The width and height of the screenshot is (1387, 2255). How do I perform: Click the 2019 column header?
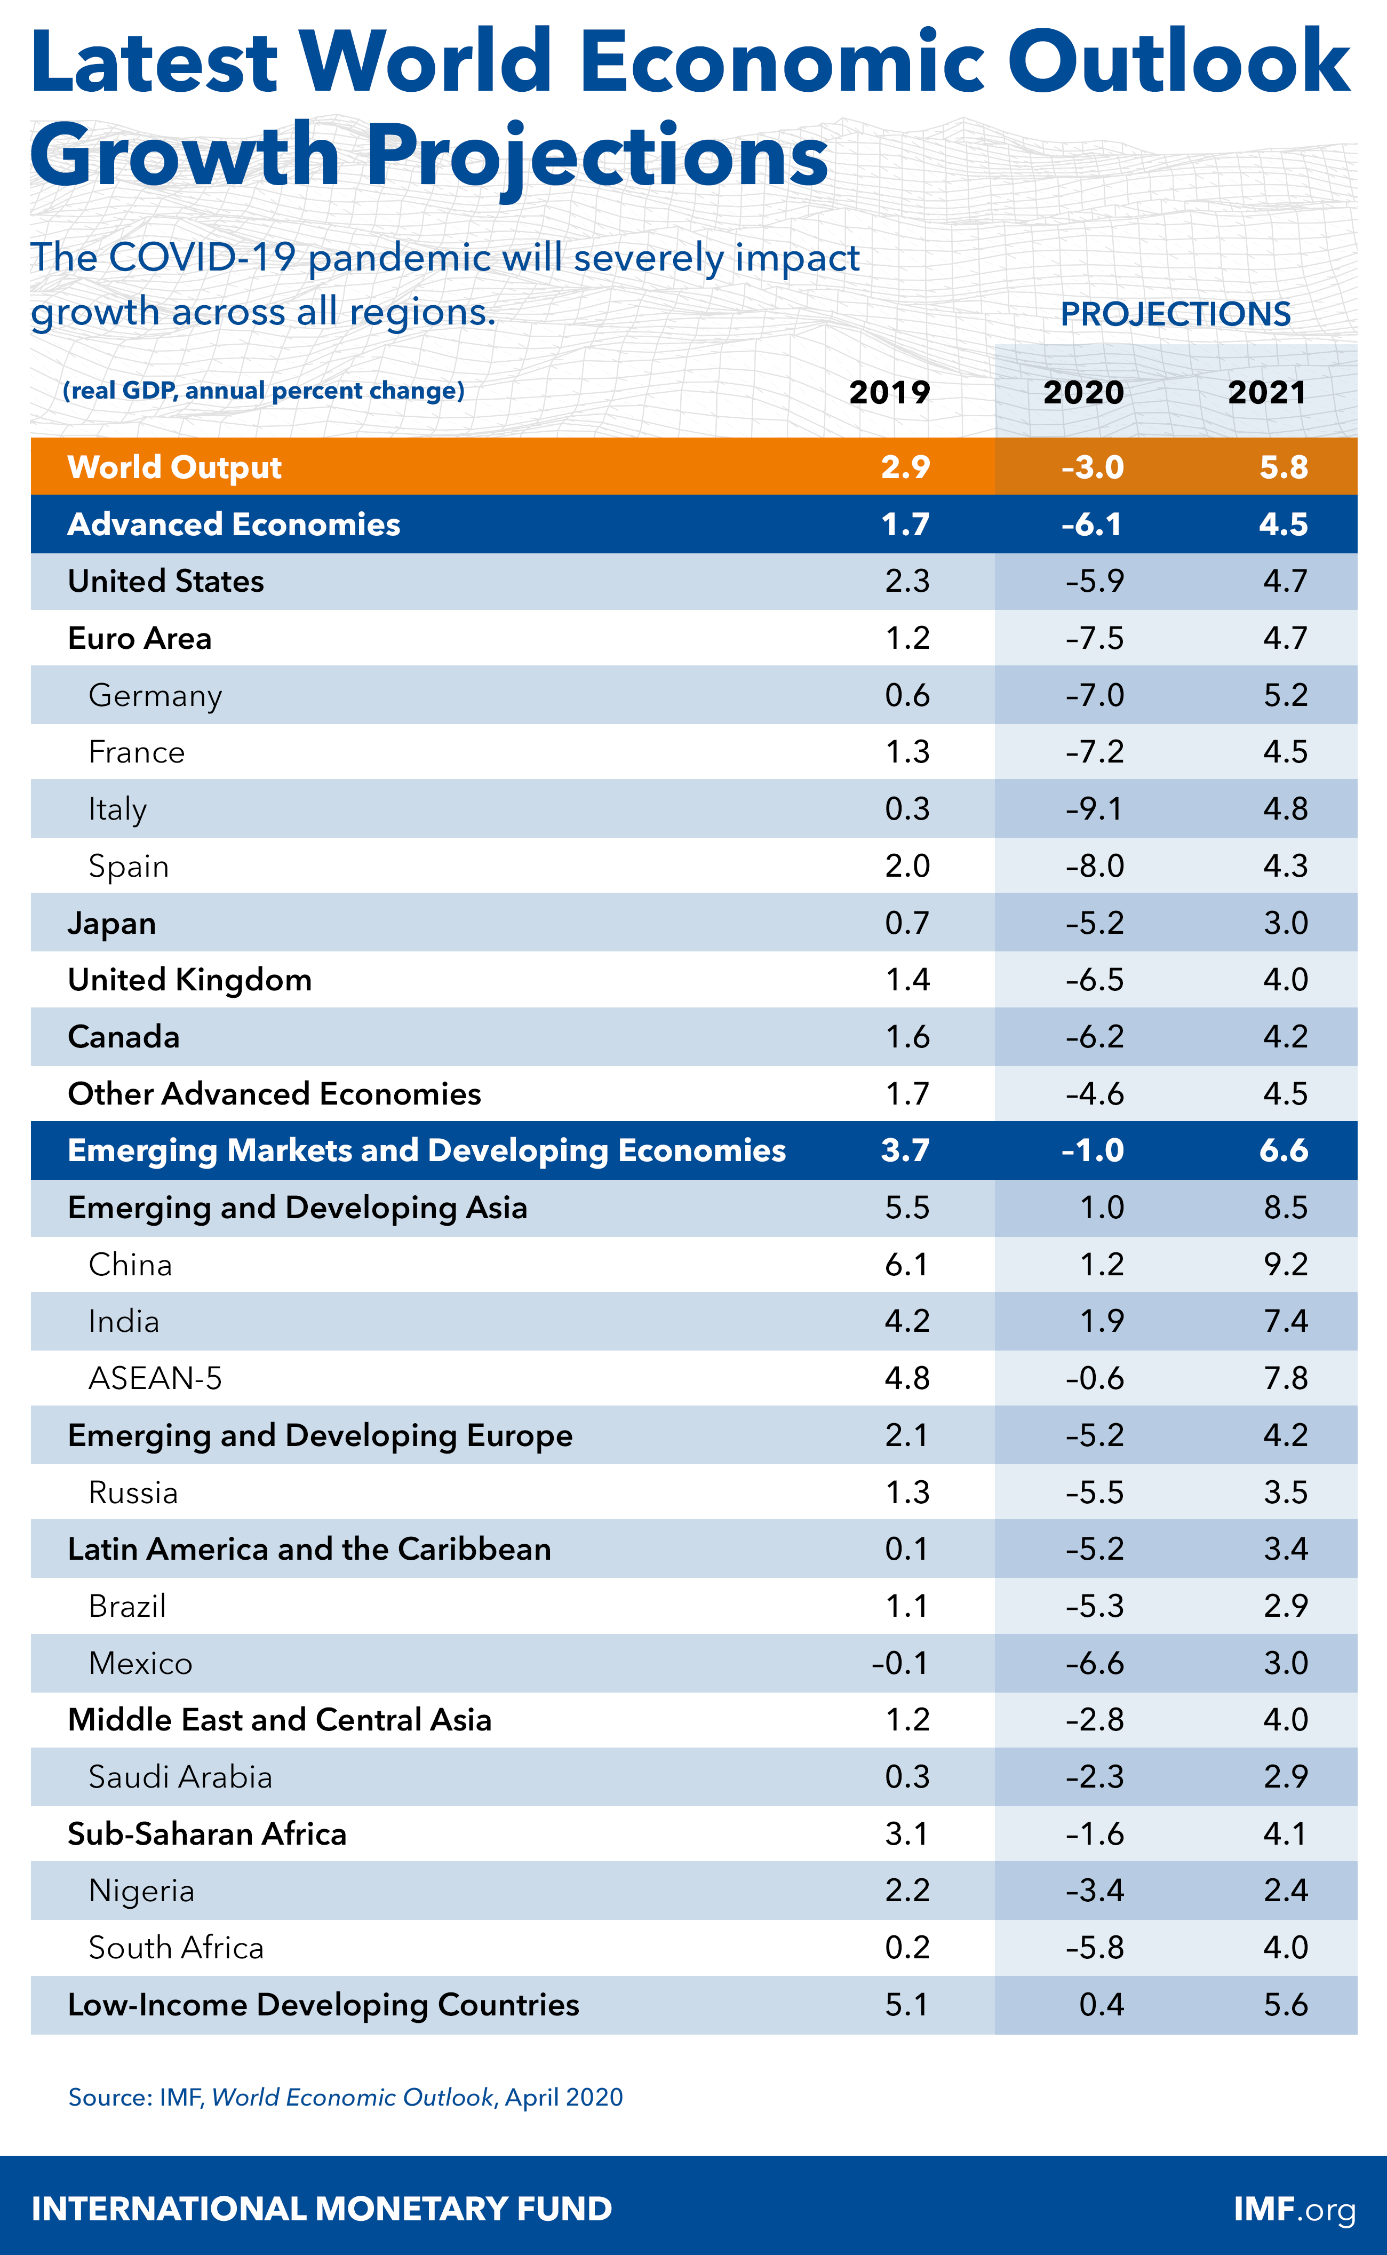coord(889,393)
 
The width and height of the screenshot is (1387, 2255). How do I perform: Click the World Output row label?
coord(174,467)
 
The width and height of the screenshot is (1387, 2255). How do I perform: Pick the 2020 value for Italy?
coord(1094,809)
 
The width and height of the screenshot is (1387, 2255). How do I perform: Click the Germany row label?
coord(155,695)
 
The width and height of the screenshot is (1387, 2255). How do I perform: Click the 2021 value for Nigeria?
coord(1285,1891)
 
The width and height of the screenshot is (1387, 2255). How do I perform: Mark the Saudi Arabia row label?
coord(181,1777)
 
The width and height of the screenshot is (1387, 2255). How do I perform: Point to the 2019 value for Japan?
coord(907,923)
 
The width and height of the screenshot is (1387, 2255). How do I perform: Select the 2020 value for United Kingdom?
coord(1094,980)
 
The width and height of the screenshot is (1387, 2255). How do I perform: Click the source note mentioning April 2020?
coord(345,2097)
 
